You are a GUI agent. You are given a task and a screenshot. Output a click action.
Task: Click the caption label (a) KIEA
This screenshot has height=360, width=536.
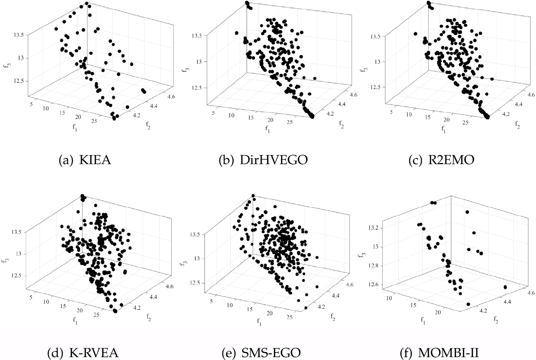click(x=85, y=160)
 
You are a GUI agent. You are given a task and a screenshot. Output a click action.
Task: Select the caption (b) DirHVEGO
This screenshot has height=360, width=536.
click(x=263, y=160)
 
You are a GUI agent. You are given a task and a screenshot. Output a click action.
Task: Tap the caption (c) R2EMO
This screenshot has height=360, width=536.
click(x=441, y=160)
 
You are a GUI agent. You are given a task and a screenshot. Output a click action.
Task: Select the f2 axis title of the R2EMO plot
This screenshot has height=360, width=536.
click(x=517, y=124)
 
